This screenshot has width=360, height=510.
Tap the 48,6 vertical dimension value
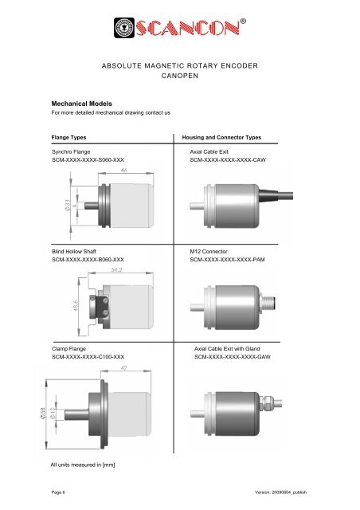75,306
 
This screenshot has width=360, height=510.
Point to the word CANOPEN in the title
179,79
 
